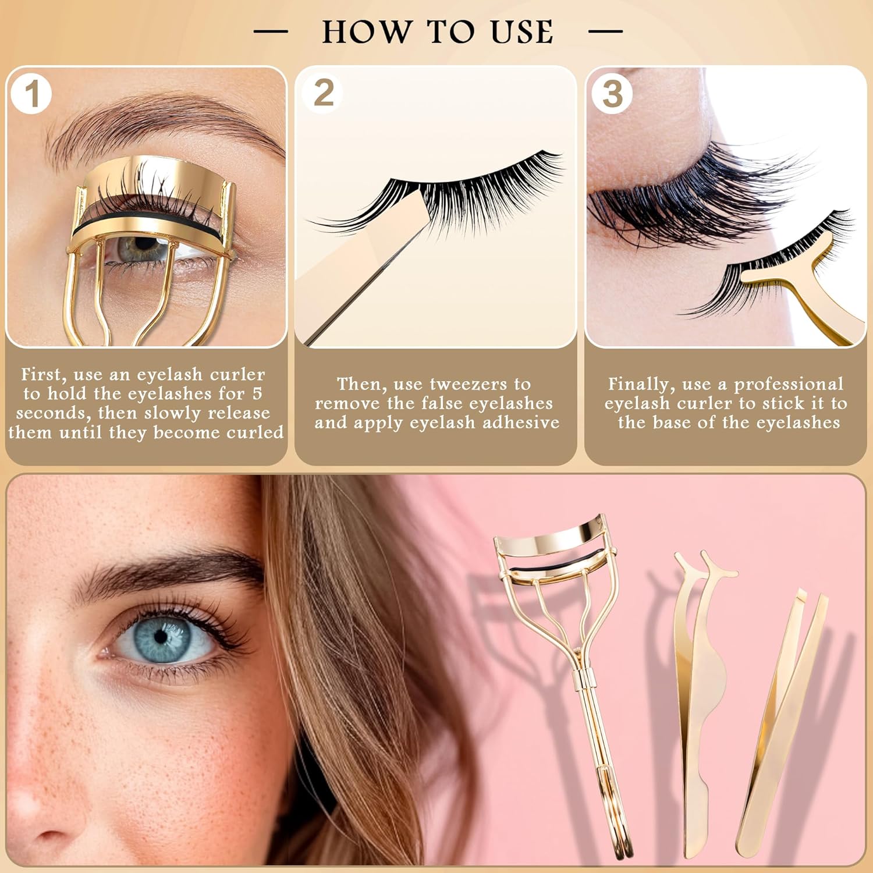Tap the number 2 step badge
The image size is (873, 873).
click(323, 93)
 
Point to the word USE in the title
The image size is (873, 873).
click(521, 31)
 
